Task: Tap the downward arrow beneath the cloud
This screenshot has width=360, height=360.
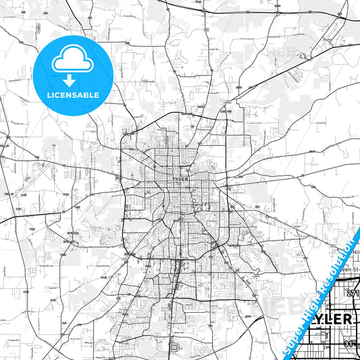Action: pos(72,80)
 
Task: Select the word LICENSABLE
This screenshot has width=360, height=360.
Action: pos(72,95)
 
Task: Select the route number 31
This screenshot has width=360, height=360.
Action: pos(348,343)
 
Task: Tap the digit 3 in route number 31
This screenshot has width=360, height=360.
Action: pos(346,343)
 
